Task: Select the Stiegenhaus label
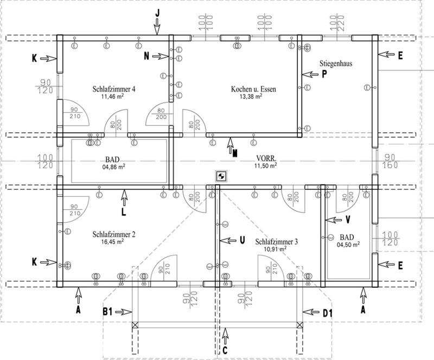tap(336, 63)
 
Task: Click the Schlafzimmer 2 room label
tap(114, 235)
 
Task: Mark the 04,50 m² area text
tap(348, 245)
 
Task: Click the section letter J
tap(157, 12)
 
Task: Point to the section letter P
tap(324, 75)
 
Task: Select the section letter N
tap(147, 56)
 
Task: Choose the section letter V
tap(348, 220)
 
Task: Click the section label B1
tap(108, 312)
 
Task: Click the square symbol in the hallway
tap(221, 175)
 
